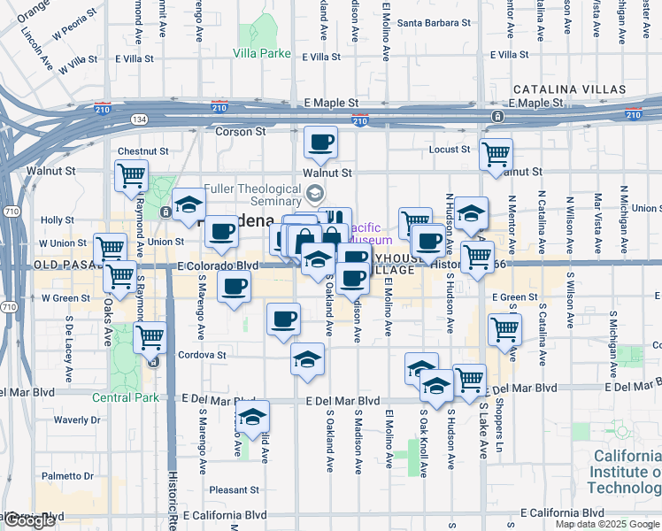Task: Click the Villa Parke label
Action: [262, 53]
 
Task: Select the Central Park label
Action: [126, 397]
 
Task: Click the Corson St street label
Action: [241, 131]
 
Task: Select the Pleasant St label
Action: [234, 489]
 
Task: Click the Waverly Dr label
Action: [78, 419]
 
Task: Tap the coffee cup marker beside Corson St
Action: [320, 142]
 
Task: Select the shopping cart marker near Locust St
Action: [496, 155]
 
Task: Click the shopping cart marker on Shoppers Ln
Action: [504, 329]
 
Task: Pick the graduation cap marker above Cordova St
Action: [307, 359]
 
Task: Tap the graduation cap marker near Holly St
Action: [189, 205]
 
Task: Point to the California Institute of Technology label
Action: [624, 473]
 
